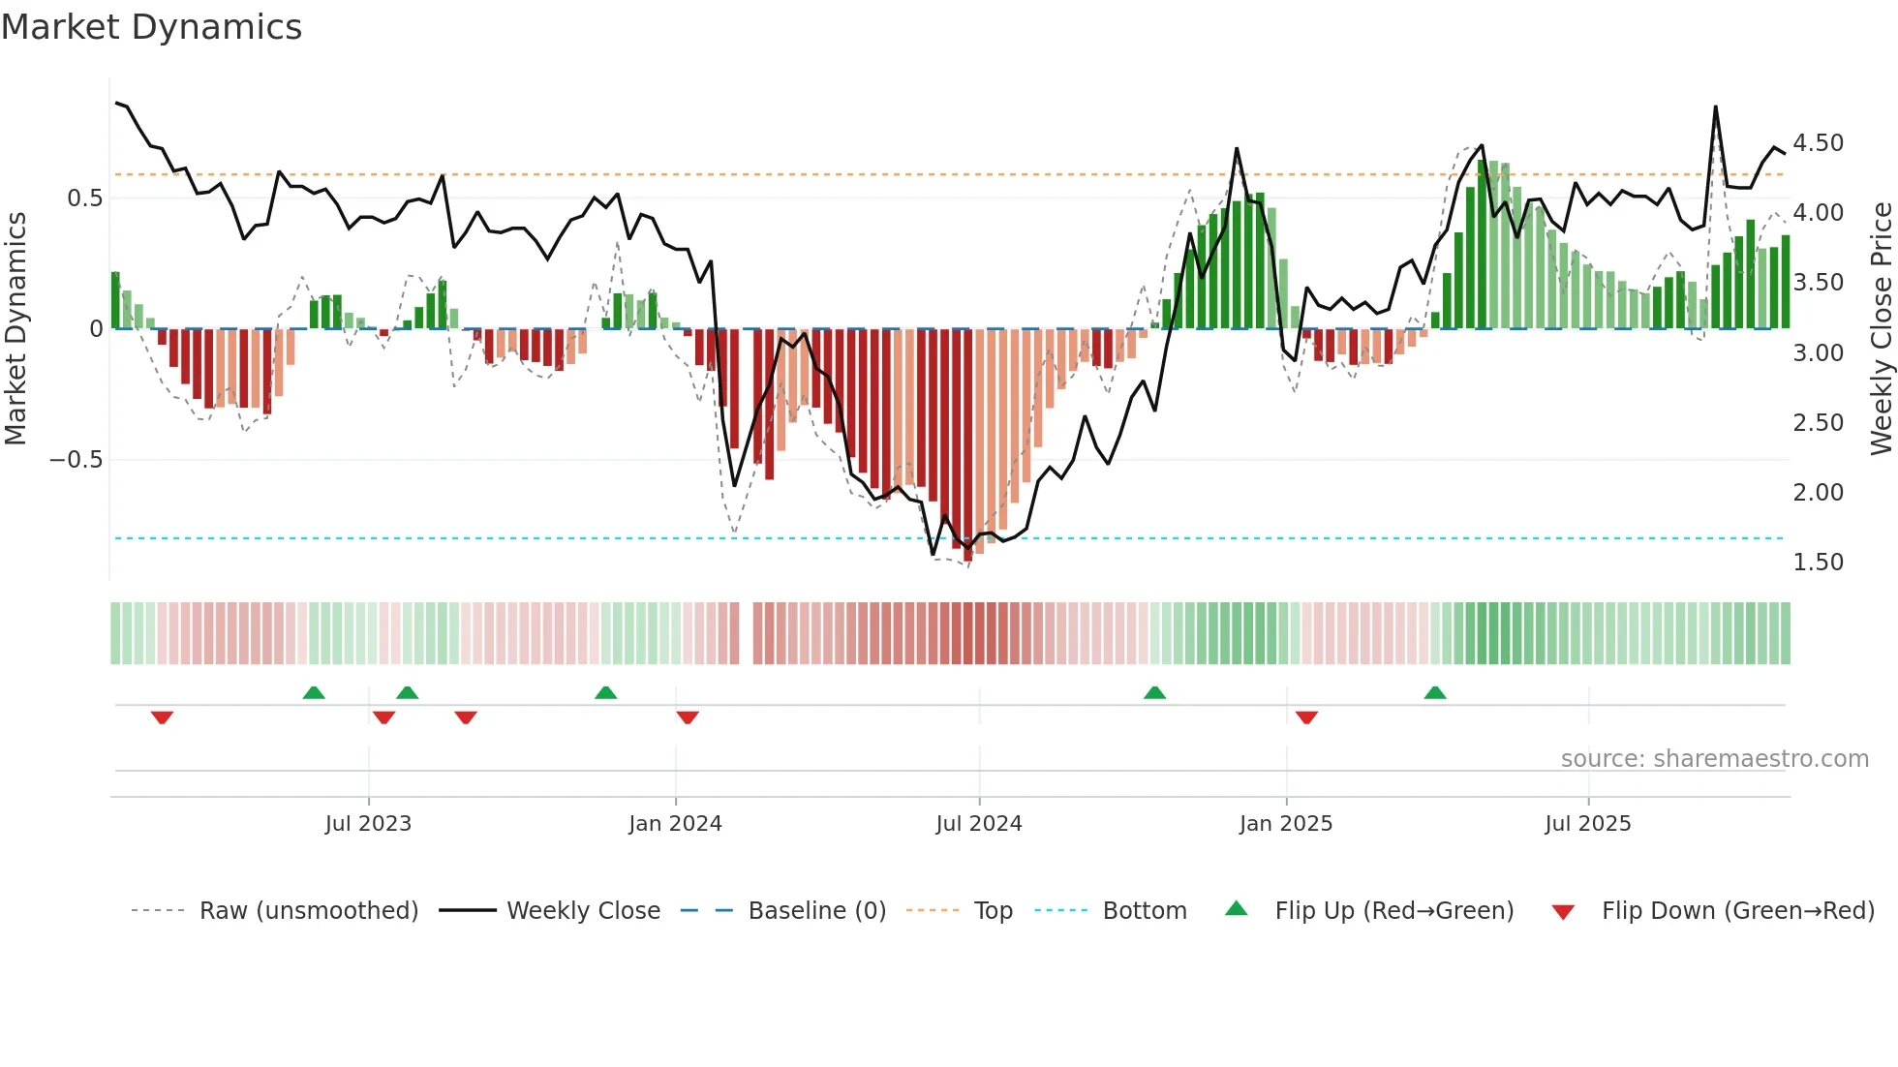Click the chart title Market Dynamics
tap(152, 27)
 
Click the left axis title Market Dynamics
tap(16, 329)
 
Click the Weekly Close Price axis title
tap(1881, 329)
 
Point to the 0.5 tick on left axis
tap(84, 198)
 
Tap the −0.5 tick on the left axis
tap(77, 460)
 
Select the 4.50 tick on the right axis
tap(1818, 143)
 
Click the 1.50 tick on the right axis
tap(1818, 563)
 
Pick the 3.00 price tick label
tap(1818, 353)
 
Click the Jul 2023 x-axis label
tap(368, 824)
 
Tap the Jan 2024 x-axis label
tap(675, 824)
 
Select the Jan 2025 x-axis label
tap(1286, 824)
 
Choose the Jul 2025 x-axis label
tap(1588, 824)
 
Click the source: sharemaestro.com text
tap(1714, 759)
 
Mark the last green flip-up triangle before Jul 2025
tap(1435, 692)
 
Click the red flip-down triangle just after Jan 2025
tap(1306, 717)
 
